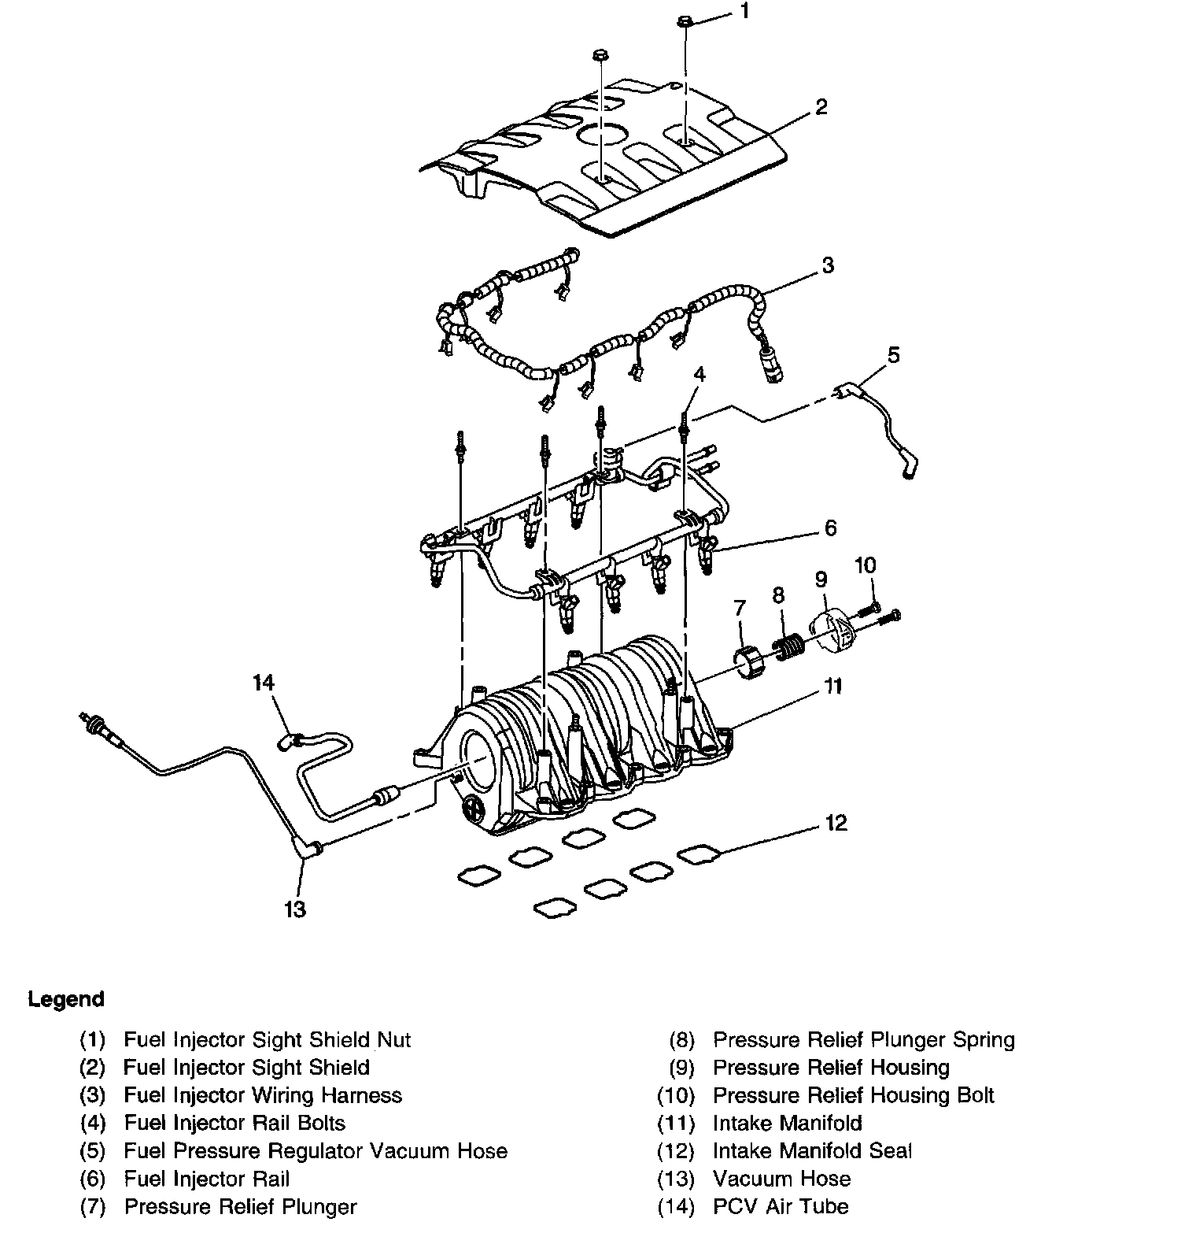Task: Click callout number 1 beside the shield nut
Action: (x=744, y=12)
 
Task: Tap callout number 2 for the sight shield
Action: (x=821, y=106)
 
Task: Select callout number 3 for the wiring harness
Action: (x=827, y=265)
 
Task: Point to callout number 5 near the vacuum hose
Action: (x=892, y=355)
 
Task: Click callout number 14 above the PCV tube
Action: (x=264, y=682)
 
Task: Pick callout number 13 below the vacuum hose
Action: (x=295, y=909)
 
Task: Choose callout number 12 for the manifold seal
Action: (x=836, y=823)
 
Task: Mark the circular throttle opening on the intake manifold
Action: (x=479, y=760)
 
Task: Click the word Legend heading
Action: (x=66, y=1000)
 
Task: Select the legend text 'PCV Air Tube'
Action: (x=781, y=1206)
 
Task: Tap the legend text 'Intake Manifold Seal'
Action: (x=812, y=1151)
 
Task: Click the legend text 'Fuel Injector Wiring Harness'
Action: (x=263, y=1095)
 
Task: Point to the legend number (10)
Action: (x=676, y=1095)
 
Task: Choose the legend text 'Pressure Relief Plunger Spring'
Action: (x=863, y=1040)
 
